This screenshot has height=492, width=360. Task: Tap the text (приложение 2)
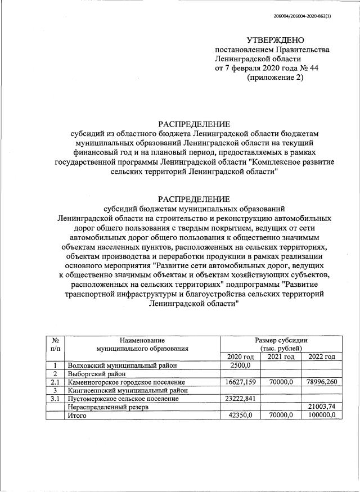pos(275,78)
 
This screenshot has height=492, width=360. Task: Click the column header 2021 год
pos(281,356)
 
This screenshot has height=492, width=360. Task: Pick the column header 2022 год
pos(322,356)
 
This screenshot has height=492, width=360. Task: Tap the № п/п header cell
pos(56,344)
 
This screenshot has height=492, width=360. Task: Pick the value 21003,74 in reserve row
pos(322,407)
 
